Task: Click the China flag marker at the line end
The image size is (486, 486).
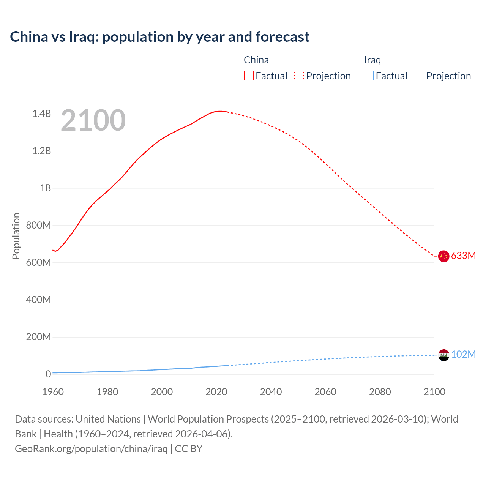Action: coord(443,256)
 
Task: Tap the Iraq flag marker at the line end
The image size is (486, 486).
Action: coord(443,355)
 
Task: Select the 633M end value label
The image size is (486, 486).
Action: coord(463,256)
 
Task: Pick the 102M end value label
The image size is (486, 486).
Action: coord(463,354)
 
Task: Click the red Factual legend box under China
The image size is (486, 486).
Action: coord(248,76)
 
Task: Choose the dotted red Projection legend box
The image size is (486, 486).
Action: coord(299,76)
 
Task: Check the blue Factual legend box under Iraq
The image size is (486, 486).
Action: coord(368,76)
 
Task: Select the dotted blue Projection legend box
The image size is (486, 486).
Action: coord(420,76)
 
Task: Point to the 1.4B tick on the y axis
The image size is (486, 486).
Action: coord(41,114)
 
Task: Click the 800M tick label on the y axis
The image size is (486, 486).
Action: coord(38,225)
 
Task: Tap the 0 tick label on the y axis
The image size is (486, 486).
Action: coord(48,374)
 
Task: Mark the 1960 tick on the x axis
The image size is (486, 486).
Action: coord(53,392)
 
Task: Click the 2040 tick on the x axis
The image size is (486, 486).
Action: coord(271,392)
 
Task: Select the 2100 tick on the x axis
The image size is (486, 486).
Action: coord(434,392)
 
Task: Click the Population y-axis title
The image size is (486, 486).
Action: coord(16,236)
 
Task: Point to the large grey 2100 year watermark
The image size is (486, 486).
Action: coord(93,120)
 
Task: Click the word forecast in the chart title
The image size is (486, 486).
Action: coord(282,37)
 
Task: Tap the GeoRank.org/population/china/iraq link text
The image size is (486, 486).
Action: coord(91,449)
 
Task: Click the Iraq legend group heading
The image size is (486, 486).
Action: coord(372,60)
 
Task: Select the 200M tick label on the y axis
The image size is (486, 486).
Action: coord(38,337)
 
